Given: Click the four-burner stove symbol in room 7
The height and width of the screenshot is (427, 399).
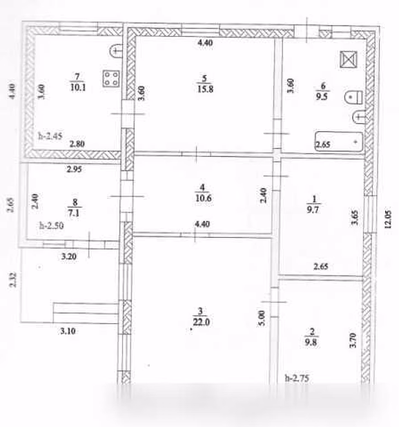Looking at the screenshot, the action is point(111,79).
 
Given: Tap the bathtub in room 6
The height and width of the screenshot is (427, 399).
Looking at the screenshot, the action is point(339,142).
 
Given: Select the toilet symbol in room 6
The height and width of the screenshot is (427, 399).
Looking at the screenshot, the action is point(353,97).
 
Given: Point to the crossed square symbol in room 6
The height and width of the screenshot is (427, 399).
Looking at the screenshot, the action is point(349,59).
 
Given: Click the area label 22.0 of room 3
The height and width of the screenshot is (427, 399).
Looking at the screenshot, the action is point(202,322).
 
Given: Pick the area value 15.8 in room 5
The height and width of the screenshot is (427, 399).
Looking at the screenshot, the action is point(205,89).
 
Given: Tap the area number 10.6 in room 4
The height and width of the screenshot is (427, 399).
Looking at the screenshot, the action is point(204,198).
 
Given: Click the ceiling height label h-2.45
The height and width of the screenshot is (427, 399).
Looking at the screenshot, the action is point(50,135).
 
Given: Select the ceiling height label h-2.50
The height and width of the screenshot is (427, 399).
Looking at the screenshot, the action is point(51,225).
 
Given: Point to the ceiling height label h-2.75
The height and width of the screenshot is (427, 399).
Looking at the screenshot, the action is point(297,378).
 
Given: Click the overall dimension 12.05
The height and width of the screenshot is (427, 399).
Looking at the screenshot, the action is point(388,219).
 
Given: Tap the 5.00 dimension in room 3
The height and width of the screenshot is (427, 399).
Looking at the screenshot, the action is point(262,318).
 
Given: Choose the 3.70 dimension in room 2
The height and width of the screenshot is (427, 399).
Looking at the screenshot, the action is point(353,340).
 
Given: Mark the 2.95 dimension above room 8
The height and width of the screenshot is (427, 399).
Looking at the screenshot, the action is point(75,169).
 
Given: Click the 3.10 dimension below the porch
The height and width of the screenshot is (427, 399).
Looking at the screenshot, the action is point(68,331).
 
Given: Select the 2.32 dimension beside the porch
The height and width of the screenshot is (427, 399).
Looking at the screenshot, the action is point(13,280).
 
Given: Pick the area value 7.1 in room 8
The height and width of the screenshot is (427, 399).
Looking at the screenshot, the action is point(74,213).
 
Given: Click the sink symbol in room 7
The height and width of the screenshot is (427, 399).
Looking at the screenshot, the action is point(115,51).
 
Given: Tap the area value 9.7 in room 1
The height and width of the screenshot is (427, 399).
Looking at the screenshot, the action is point(313,209).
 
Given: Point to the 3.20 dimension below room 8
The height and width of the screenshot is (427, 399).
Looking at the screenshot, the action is point(69,256).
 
